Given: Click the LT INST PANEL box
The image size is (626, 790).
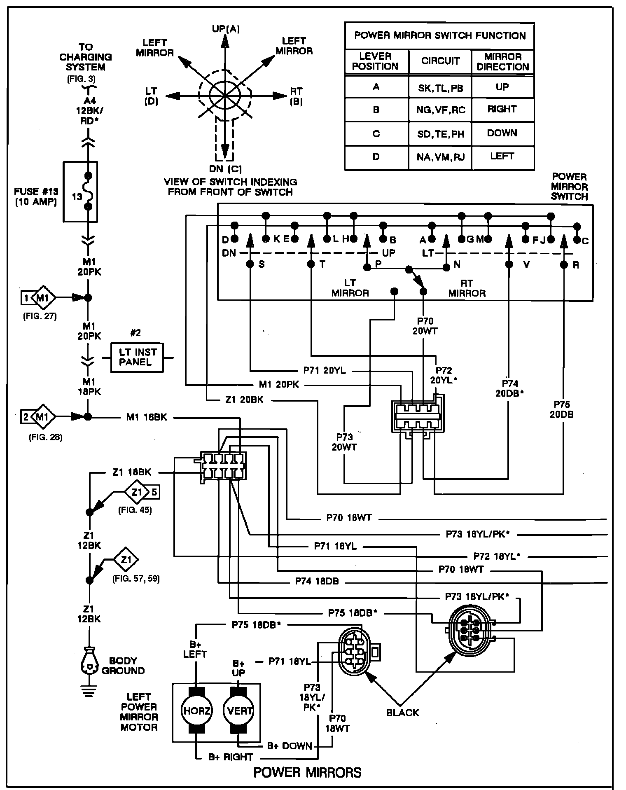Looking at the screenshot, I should [137, 357].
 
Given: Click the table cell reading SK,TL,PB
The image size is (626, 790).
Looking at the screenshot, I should [440, 88].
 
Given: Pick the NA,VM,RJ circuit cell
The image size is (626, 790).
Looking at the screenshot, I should [440, 157].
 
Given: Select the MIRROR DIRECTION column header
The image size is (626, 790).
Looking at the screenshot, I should [502, 61].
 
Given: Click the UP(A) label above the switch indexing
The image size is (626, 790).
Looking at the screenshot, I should [226, 28].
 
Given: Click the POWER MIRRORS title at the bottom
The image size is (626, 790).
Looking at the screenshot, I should [307, 772].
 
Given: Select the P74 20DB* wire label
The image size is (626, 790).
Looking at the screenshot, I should [509, 388].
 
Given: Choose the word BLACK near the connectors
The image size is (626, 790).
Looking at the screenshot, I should [402, 712].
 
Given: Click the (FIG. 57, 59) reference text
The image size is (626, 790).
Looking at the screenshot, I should [136, 579].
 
